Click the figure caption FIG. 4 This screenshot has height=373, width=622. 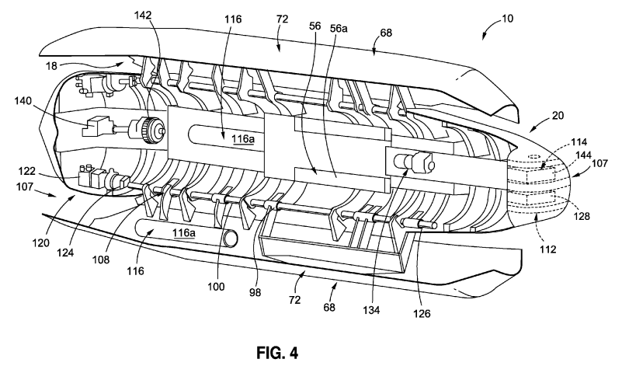click(x=277, y=352)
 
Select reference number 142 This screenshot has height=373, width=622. click(x=143, y=15)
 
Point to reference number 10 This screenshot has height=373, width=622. click(x=507, y=18)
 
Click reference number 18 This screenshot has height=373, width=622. click(x=51, y=66)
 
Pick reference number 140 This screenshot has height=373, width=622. click(x=23, y=101)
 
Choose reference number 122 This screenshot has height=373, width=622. click(x=26, y=172)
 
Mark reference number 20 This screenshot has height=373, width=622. click(x=558, y=116)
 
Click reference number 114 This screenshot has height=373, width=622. click(x=579, y=142)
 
